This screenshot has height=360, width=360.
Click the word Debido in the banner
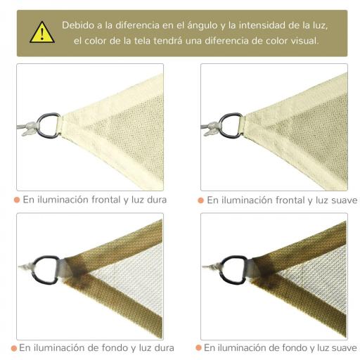[x=79, y=25]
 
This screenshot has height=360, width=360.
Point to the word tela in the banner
[x=167, y=41]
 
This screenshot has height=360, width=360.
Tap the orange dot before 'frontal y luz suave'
[x=200, y=201]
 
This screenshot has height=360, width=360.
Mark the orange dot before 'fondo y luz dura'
[x=13, y=347]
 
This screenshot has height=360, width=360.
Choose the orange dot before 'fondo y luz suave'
[x=198, y=347]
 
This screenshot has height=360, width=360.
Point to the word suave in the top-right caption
[x=340, y=201]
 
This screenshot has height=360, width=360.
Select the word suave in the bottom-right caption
[x=340, y=347]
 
